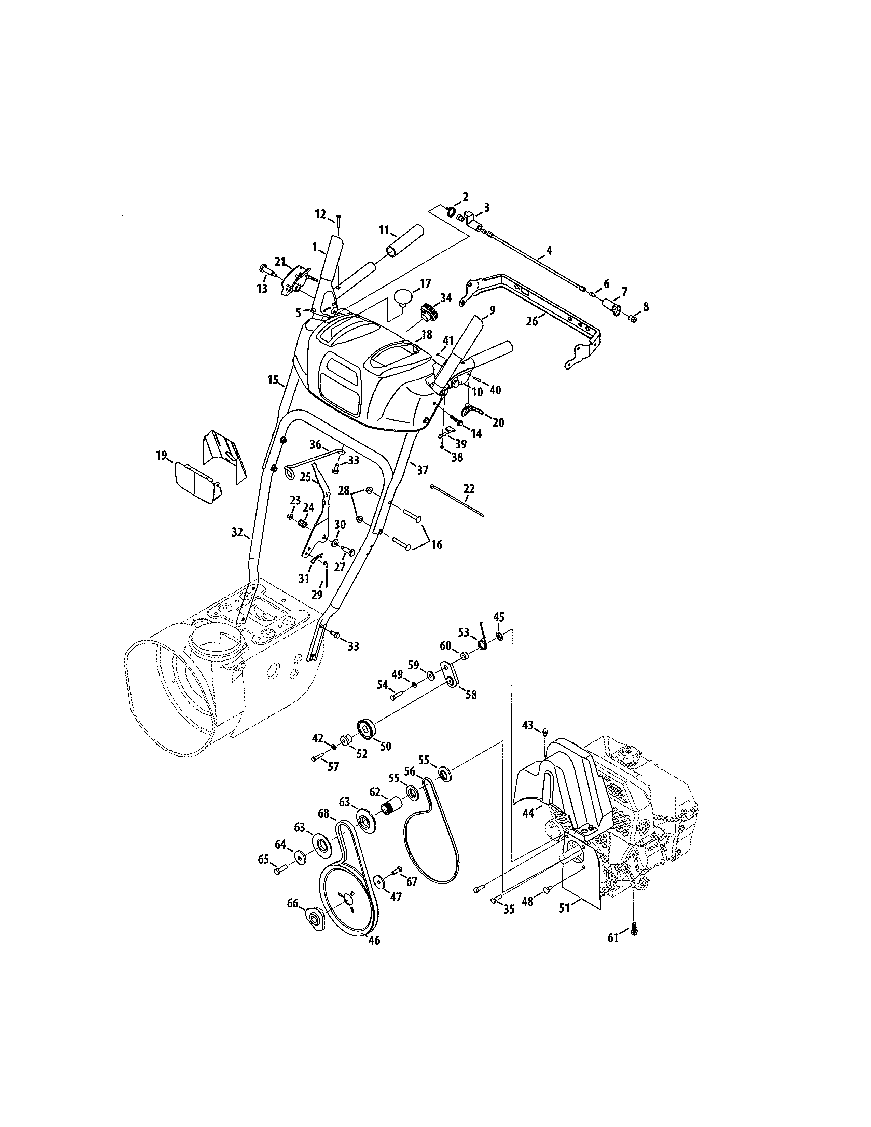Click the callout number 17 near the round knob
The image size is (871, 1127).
coord(425,283)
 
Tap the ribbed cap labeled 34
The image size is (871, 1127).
coord(428,312)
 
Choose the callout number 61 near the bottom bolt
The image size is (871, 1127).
coord(612,937)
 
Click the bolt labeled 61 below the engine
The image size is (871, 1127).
coord(635,930)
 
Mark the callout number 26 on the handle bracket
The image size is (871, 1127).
coord(532,321)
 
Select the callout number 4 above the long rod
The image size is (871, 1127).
coord(549,250)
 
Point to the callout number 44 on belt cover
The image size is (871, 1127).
coord(528,813)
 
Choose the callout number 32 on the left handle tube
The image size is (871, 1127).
coord(237,532)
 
